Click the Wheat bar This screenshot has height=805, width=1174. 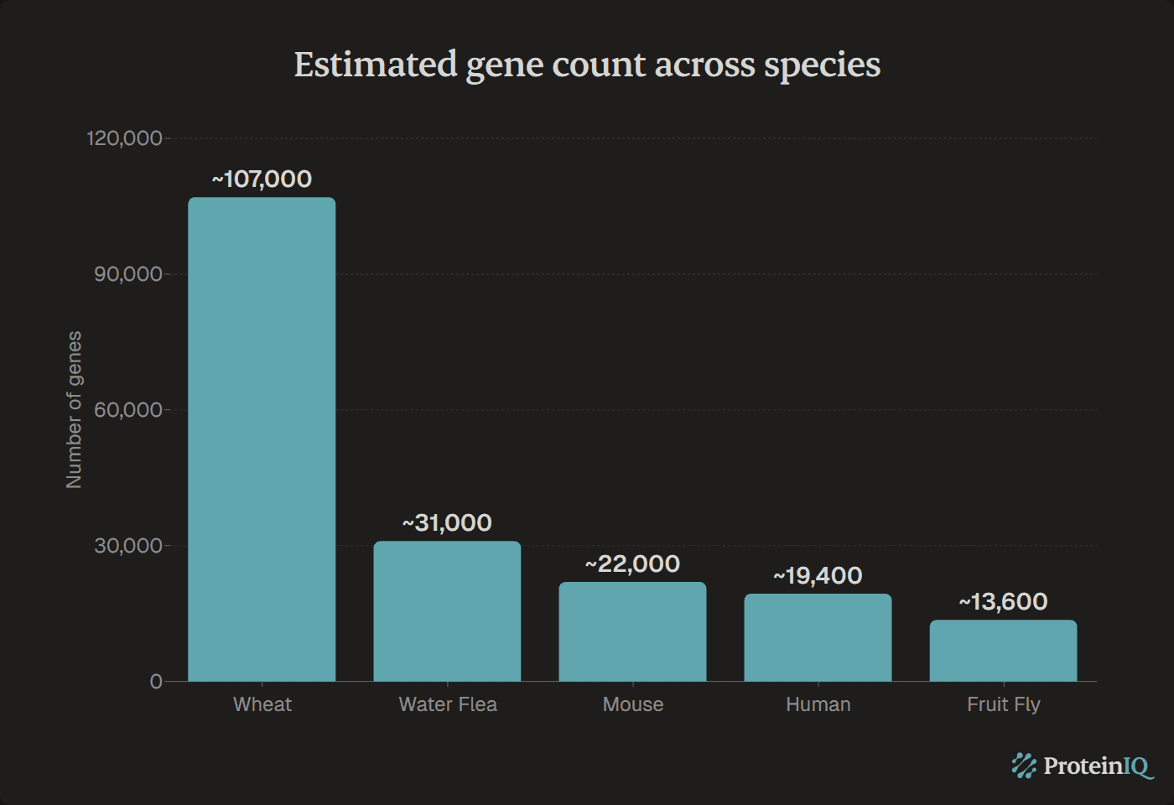[x=262, y=439]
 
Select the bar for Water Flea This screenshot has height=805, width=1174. [x=447, y=611]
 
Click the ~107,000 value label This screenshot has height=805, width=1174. [x=262, y=179]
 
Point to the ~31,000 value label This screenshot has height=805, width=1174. [x=447, y=522]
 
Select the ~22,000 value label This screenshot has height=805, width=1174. [x=632, y=563]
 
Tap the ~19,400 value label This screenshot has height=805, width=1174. [x=818, y=575]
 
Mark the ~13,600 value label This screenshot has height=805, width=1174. [x=1003, y=601]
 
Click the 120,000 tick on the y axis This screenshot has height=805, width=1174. [x=124, y=138]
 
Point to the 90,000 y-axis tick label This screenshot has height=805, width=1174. [x=127, y=274]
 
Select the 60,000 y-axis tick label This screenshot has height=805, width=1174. [x=127, y=410]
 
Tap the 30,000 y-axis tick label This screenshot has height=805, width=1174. [x=127, y=546]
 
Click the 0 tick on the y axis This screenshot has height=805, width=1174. [x=156, y=682]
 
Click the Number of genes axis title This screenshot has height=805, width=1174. [x=74, y=409]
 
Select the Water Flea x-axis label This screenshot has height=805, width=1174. [x=448, y=704]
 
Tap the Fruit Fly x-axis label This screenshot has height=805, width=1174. [x=1003, y=704]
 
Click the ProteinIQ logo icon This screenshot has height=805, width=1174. [x=1024, y=766]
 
